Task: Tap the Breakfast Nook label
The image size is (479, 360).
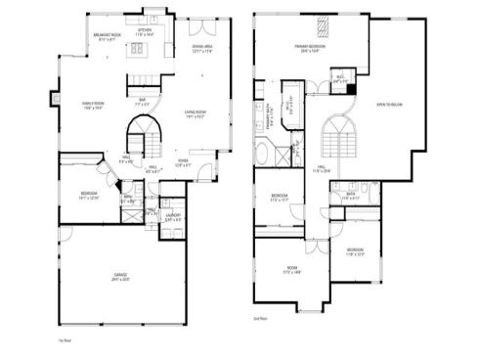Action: pyautogui.click(x=108, y=36)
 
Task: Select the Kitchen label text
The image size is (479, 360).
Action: pyautogui.click(x=144, y=31)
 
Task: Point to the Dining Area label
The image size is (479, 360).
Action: pyautogui.click(x=202, y=46)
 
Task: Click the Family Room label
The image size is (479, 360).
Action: pyautogui.click(x=93, y=106)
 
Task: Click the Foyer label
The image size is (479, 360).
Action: pyautogui.click(x=183, y=163)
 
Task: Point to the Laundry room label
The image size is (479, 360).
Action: pyautogui.click(x=172, y=218)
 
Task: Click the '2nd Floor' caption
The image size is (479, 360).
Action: pyautogui.click(x=259, y=318)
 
